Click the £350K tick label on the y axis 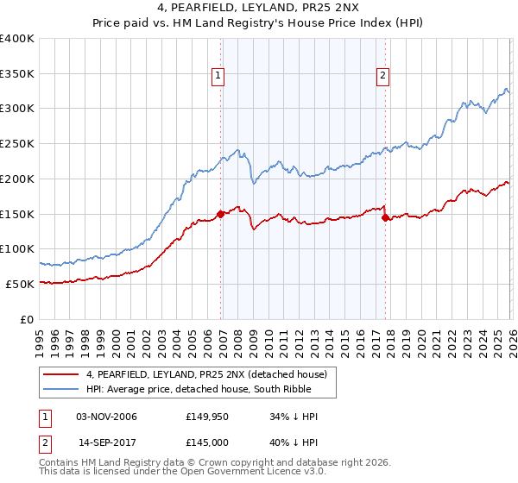pyautogui.click(x=17, y=73)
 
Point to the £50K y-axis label pyautogui.click(x=20, y=284)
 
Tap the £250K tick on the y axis pyautogui.click(x=17, y=144)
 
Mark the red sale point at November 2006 pyautogui.click(x=221, y=214)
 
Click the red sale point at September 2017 pyautogui.click(x=385, y=217)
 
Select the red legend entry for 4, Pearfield pyautogui.click(x=205, y=374)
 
